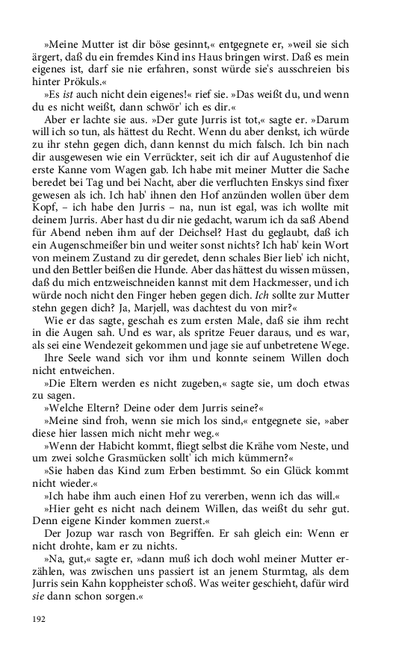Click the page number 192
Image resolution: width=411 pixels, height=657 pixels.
pos(39,618)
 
